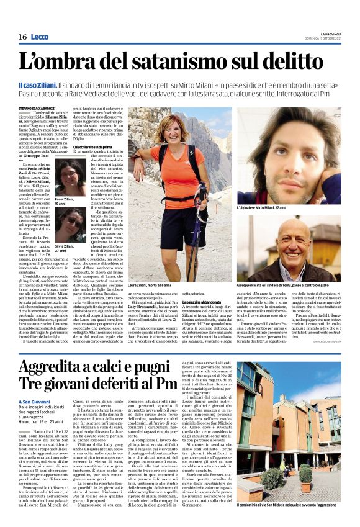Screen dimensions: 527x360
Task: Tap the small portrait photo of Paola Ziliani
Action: click(x=70, y=176)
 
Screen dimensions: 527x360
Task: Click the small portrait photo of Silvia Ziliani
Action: click(x=70, y=225)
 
